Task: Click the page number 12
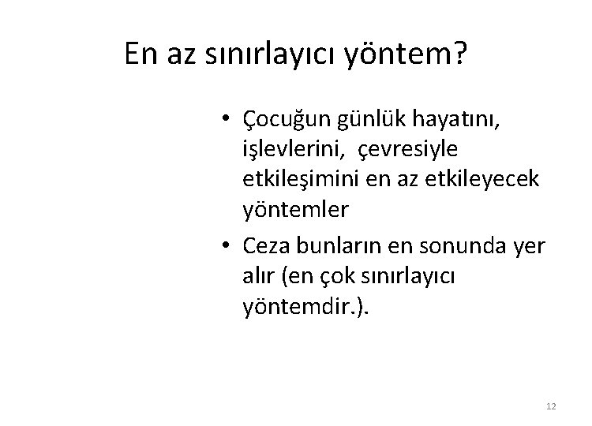(551, 405)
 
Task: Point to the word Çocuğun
(288, 120)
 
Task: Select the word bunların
(337, 246)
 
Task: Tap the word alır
(259, 276)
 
